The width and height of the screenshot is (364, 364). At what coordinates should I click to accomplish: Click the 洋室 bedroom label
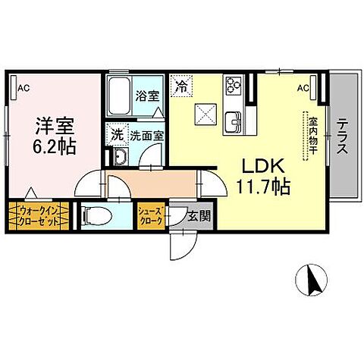coord(52,124)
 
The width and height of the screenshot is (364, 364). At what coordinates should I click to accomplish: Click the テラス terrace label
coord(343,134)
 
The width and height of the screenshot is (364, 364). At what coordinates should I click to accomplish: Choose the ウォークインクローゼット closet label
coord(37,215)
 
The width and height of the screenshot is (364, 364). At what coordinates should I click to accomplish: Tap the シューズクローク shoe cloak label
coord(150,216)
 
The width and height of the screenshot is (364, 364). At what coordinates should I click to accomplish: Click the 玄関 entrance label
coord(199,216)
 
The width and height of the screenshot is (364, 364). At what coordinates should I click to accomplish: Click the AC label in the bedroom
coord(24,88)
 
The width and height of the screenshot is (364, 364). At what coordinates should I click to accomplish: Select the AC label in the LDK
coord(303,88)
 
